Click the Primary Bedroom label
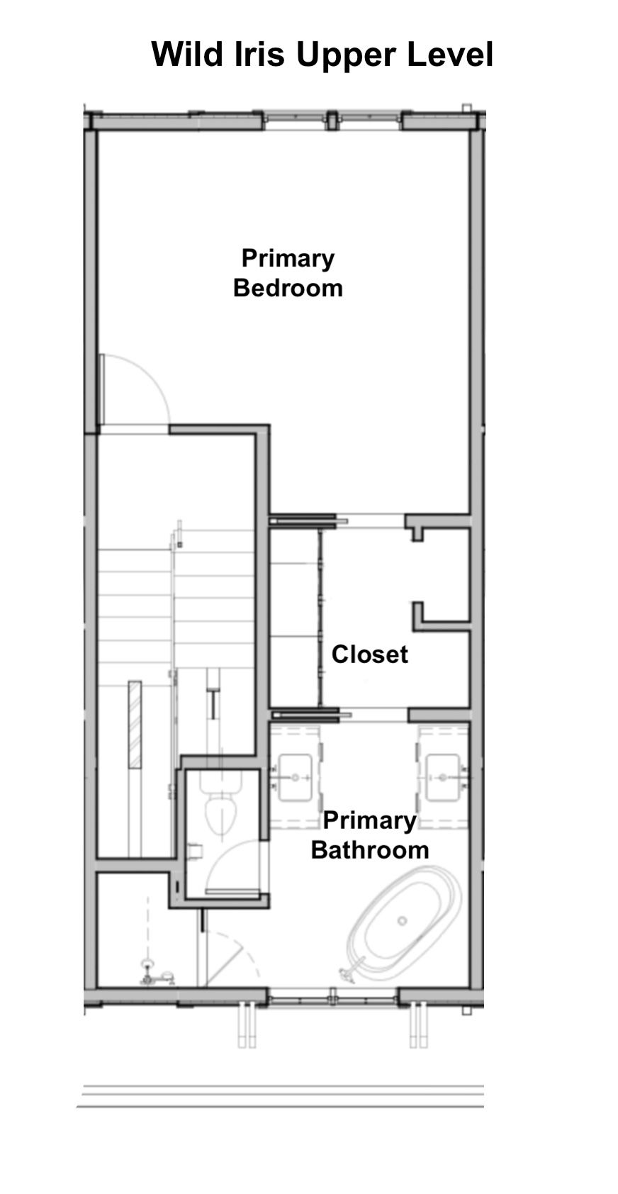(288, 273)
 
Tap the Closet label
(370, 654)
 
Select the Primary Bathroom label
(370, 835)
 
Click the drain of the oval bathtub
(403, 920)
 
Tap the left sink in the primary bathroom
(295, 777)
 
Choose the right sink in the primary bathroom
(443, 777)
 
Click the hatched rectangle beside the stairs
(135, 725)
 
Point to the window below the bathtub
(332, 995)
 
